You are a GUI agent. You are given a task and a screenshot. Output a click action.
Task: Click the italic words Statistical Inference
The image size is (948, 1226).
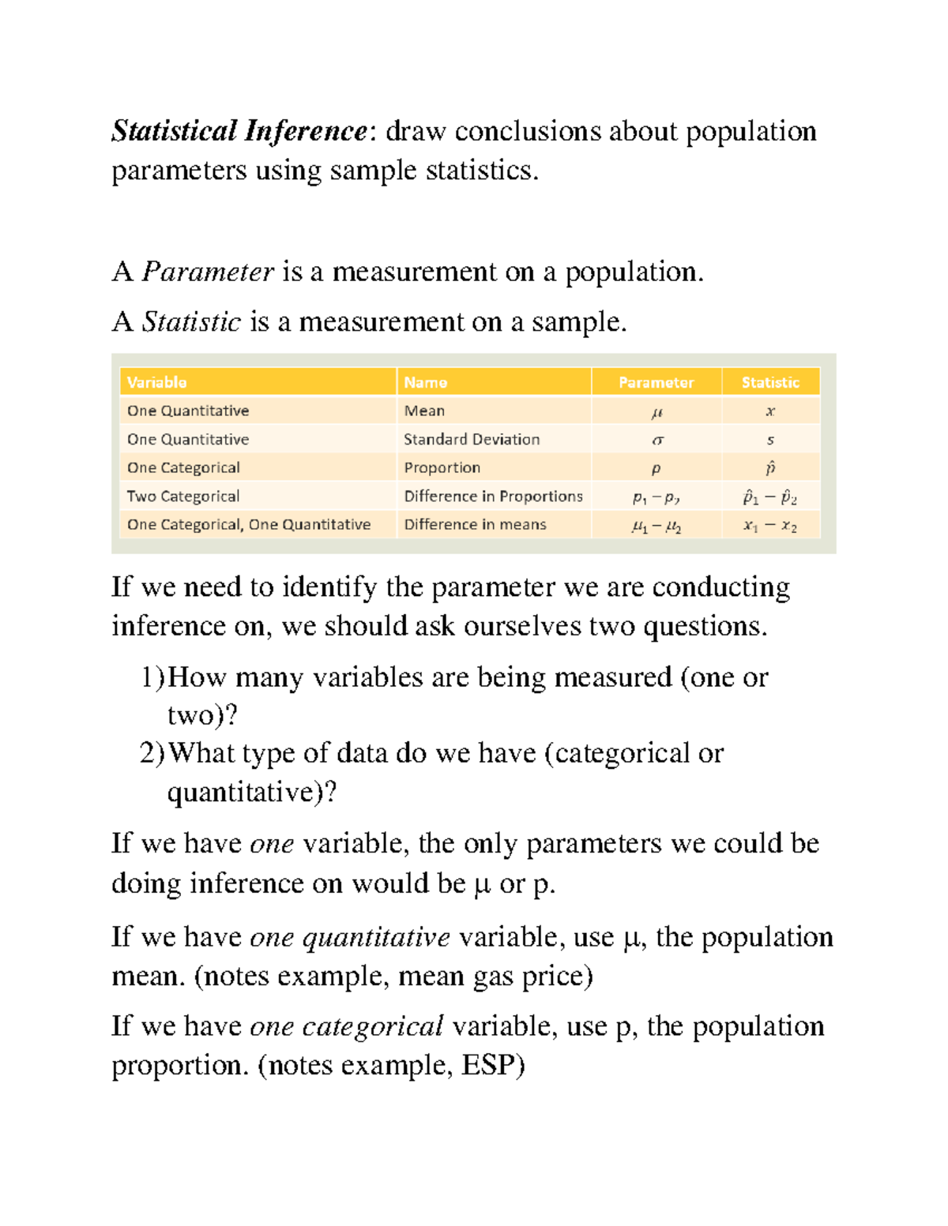(x=239, y=131)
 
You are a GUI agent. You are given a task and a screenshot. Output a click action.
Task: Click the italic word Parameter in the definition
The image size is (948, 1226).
(x=208, y=272)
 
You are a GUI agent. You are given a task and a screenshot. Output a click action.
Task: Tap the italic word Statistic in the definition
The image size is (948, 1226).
(x=191, y=322)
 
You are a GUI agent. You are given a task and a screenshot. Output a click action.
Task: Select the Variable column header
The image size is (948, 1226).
(x=157, y=382)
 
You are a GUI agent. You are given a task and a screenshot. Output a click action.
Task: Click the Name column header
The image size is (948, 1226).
(x=425, y=382)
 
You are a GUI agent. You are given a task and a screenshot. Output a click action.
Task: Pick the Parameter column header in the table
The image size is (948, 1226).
(x=656, y=382)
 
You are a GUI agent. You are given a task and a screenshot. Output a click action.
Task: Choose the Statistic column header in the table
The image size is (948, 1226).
(x=770, y=382)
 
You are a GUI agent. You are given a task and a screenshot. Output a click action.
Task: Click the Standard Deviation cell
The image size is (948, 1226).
(x=472, y=439)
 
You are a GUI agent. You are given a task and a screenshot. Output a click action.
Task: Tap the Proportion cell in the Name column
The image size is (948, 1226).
(x=442, y=467)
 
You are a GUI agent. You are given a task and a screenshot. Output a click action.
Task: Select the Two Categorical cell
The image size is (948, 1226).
(x=183, y=496)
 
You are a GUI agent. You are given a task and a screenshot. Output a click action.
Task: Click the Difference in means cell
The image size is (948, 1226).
(x=475, y=524)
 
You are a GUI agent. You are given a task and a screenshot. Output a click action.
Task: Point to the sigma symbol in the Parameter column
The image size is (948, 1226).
(x=656, y=440)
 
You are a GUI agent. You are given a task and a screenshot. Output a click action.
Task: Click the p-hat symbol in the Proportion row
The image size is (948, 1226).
(x=770, y=467)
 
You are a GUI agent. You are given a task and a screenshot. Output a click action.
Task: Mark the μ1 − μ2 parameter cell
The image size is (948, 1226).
(x=656, y=526)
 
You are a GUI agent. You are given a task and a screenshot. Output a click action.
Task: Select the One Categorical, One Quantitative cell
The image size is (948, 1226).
(x=249, y=524)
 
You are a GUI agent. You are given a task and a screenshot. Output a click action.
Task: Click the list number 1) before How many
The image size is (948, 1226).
(x=152, y=677)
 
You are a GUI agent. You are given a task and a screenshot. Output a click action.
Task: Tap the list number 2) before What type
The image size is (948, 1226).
(x=152, y=753)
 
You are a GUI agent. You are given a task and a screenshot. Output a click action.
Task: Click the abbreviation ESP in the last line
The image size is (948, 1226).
(x=493, y=1065)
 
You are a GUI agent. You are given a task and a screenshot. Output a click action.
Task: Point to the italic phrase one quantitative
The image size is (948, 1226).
(x=349, y=937)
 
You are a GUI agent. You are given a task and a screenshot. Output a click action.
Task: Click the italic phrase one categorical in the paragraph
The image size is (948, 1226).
(x=346, y=1026)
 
